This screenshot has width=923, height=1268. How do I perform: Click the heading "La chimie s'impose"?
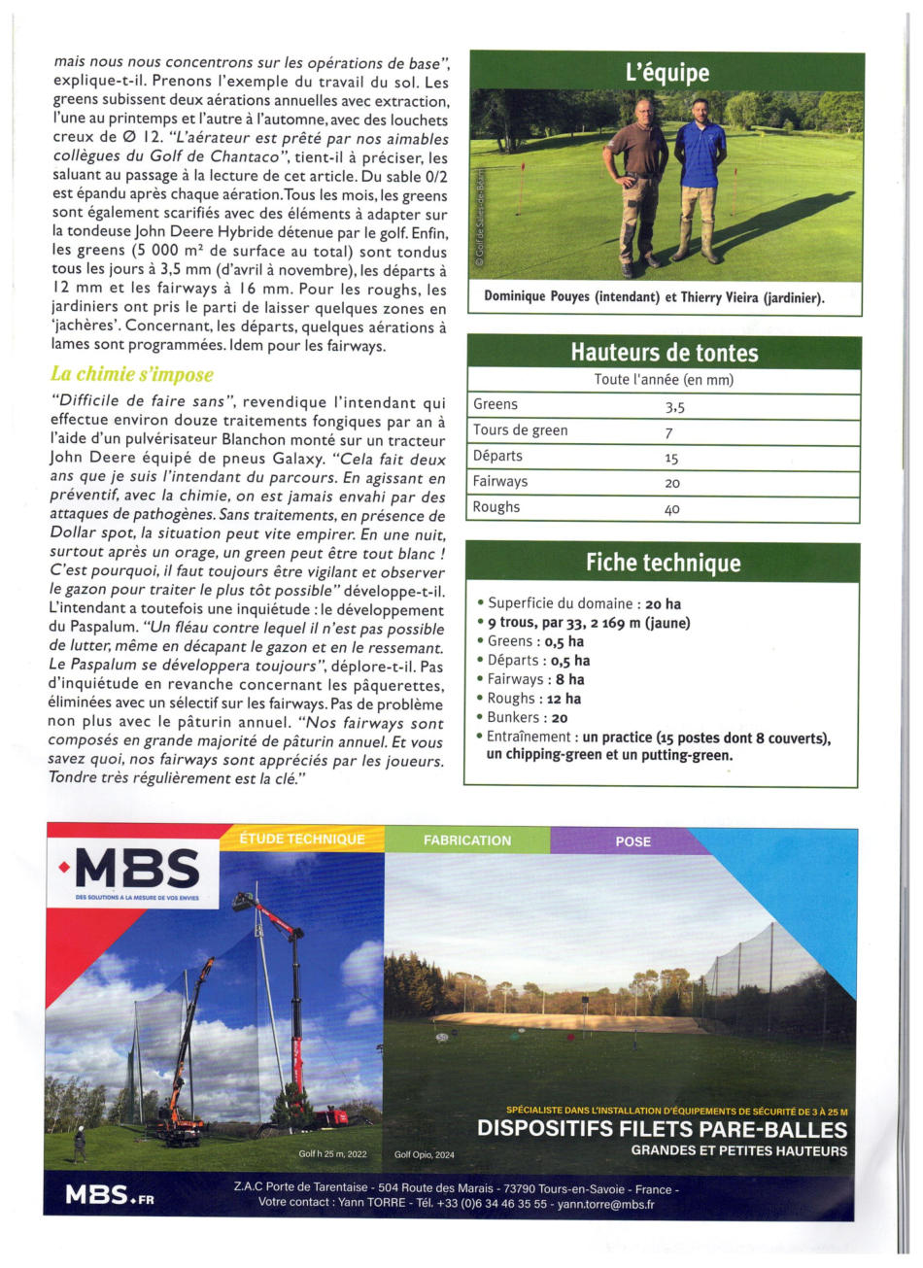click(x=131, y=374)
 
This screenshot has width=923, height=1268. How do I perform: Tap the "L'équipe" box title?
click(x=667, y=73)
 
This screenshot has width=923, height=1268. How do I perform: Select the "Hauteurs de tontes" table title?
click(x=664, y=352)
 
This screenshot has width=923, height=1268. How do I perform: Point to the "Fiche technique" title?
click(x=663, y=563)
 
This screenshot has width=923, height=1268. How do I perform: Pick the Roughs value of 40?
click(x=671, y=508)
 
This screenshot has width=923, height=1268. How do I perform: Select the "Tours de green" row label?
click(x=520, y=430)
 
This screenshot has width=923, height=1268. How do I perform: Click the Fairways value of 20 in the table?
click(x=671, y=483)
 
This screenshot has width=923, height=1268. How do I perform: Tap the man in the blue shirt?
click(x=700, y=180)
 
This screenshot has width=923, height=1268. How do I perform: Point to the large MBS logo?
click(x=136, y=868)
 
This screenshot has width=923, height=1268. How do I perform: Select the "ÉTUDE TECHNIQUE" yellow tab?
click(x=302, y=840)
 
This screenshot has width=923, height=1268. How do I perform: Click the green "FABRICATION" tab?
click(x=466, y=840)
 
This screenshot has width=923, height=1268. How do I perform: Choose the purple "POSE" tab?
click(x=632, y=841)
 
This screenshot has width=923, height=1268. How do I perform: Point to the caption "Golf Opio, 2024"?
click(x=425, y=1154)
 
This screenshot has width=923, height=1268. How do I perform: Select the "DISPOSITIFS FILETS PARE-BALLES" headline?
click(x=663, y=1129)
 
